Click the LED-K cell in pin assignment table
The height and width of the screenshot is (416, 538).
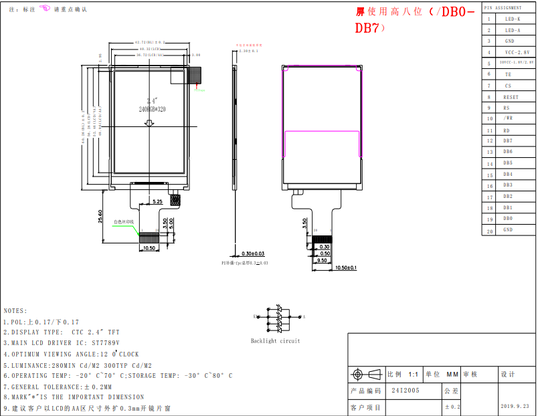coord(513,19)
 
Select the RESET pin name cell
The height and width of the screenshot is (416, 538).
coord(511,97)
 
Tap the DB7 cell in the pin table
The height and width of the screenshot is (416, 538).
coord(508,141)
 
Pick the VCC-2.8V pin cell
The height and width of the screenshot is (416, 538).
coord(516,52)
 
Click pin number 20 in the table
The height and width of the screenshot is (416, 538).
coord(489,231)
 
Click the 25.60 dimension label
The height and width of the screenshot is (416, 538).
coord(100,217)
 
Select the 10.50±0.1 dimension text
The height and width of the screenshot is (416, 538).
coord(345,268)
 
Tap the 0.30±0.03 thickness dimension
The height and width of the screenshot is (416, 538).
coord(253,253)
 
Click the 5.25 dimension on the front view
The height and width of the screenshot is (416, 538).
coord(158,201)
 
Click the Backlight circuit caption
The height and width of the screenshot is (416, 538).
coord(276,340)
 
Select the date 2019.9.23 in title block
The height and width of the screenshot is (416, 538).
coord(515,406)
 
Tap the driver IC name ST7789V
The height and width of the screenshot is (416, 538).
coord(105,342)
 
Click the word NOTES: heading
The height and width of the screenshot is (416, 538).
coord(15,311)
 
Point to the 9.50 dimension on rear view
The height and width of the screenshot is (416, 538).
coord(323,261)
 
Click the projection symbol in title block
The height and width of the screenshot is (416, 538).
coord(359,374)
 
